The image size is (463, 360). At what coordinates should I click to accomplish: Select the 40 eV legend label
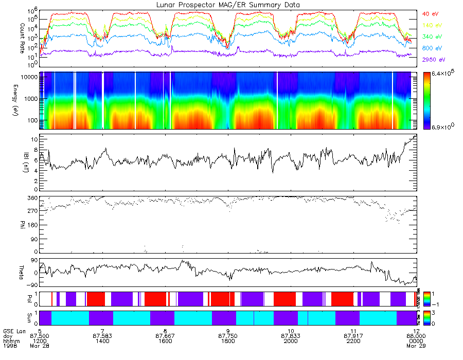[430, 13]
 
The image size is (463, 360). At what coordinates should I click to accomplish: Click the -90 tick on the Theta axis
[30, 284]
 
